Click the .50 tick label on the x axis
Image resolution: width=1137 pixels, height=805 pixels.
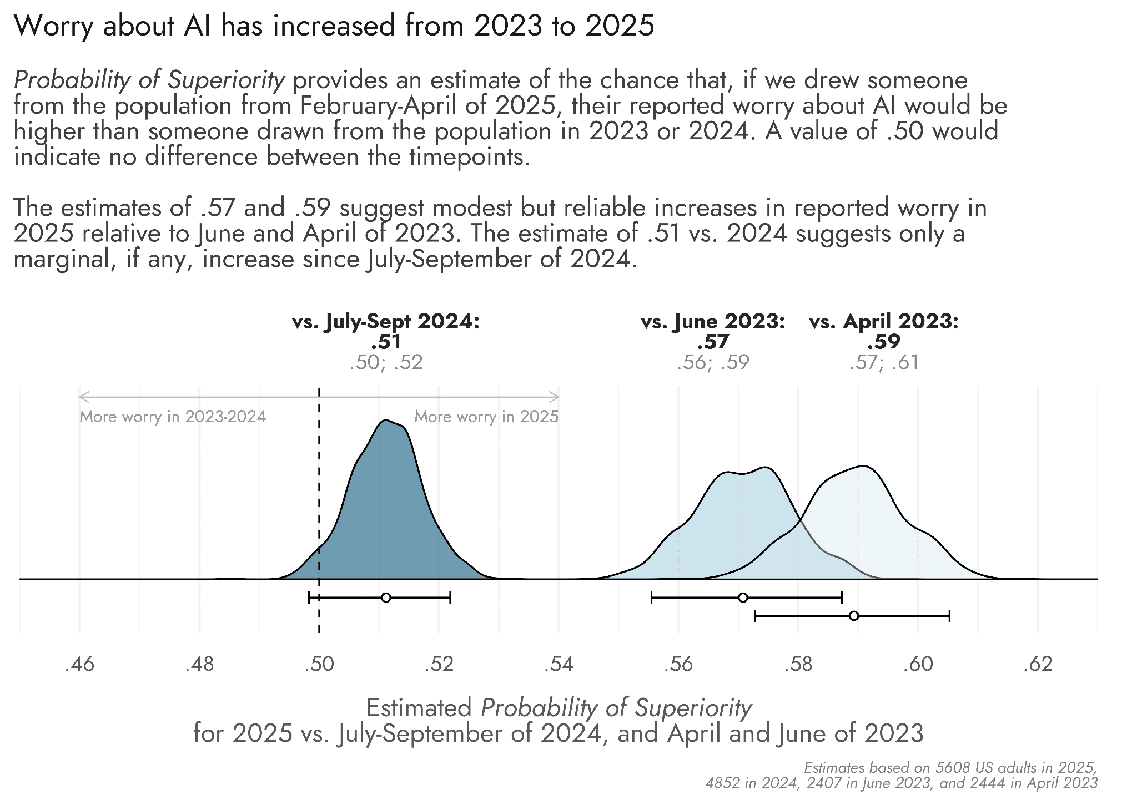pyautogui.click(x=319, y=664)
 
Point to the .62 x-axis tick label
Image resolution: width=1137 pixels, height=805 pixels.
pyautogui.click(x=1037, y=664)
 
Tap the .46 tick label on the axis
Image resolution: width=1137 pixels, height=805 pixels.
pyautogui.click(x=79, y=664)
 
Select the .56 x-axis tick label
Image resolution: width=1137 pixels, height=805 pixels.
pyautogui.click(x=678, y=664)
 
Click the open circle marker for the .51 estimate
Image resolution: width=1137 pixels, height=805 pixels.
pyautogui.click(x=386, y=598)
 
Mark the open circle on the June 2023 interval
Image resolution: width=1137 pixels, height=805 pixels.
pyautogui.click(x=743, y=598)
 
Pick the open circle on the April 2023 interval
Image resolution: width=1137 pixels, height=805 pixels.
pyautogui.click(x=854, y=616)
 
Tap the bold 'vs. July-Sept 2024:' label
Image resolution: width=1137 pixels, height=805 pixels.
pyautogui.click(x=385, y=322)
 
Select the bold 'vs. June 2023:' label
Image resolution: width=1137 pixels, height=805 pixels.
pyautogui.click(x=713, y=322)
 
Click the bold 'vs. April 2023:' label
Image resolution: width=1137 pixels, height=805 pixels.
pyautogui.click(x=884, y=322)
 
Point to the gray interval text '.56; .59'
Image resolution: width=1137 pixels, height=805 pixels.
pyautogui.click(x=713, y=363)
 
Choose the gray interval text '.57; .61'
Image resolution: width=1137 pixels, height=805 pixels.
pyautogui.click(x=884, y=363)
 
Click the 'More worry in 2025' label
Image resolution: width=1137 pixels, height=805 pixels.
pyautogui.click(x=486, y=417)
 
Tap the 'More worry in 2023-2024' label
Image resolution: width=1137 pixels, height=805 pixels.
pyautogui.click(x=173, y=417)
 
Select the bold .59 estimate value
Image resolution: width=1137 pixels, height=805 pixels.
pyautogui.click(x=884, y=342)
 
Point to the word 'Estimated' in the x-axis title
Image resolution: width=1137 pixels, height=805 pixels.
pyautogui.click(x=419, y=708)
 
